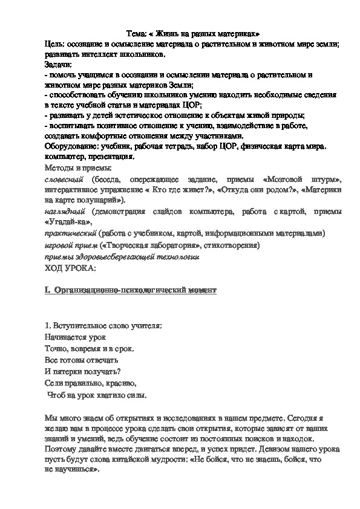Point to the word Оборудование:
68,148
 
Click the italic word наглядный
65,212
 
